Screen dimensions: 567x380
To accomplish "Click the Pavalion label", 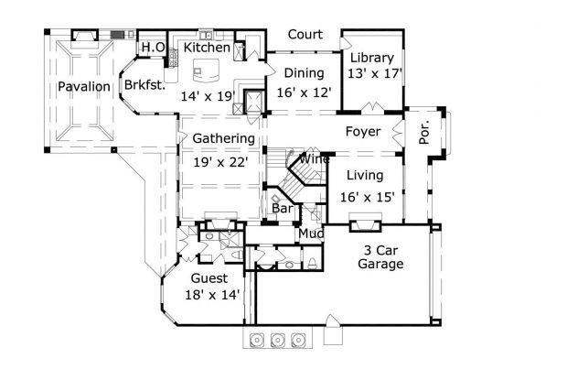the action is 84,86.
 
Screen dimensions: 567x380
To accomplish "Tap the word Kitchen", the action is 207,48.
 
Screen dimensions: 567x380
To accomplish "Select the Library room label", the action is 372,58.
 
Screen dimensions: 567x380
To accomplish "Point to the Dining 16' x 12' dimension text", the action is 304,92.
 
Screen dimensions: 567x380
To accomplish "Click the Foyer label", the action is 363,132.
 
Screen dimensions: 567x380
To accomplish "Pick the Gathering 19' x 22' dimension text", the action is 220,162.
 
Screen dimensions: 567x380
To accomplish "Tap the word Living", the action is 365,176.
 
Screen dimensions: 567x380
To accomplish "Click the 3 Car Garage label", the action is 380,257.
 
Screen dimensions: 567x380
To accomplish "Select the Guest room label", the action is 209,278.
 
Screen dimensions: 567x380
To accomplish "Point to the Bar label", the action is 283,209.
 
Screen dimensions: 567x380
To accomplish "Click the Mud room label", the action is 311,233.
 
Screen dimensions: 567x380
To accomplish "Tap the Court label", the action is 305,35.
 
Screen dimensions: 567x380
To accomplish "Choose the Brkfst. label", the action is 144,85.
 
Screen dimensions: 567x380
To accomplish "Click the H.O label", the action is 154,47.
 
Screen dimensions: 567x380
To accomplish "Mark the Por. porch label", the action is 424,132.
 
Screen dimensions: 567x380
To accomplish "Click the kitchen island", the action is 206,71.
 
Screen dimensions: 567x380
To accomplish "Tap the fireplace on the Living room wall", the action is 365,222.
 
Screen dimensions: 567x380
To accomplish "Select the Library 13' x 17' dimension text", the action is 375,74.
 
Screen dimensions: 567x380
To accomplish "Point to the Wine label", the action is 315,159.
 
